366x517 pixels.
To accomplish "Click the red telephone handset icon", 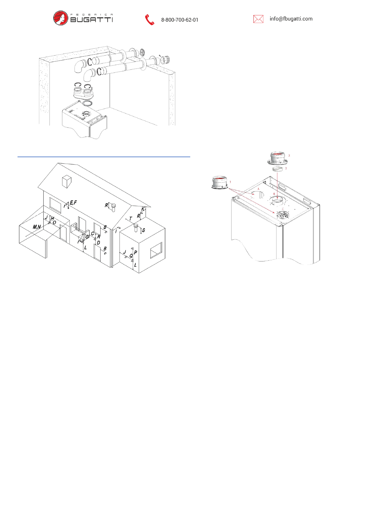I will click(x=149, y=20).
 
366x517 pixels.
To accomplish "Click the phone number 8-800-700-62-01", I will click(x=179, y=20).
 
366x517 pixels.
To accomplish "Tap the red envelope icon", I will click(x=258, y=19).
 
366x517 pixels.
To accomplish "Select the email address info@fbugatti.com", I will click(x=291, y=19).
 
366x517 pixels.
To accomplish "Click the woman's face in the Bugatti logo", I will click(x=61, y=18).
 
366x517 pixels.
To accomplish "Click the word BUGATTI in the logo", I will click(x=92, y=20).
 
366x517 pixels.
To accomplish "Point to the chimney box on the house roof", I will click(x=66, y=181).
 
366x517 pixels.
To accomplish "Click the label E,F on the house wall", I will click(x=73, y=203).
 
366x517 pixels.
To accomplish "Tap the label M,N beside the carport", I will click(x=37, y=227).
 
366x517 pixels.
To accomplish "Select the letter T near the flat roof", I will click(x=131, y=219).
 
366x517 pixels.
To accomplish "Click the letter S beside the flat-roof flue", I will click(x=144, y=230).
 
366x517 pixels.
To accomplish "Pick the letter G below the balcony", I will click(x=87, y=237).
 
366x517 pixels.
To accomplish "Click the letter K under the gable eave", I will click(x=143, y=209).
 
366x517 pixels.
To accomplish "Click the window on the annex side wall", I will click(x=156, y=251).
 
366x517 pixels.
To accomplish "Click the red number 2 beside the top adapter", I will click(x=289, y=156).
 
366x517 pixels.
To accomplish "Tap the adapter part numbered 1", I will click(x=220, y=183).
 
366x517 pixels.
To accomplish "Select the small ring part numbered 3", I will click(x=277, y=169).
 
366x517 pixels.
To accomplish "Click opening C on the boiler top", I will click(x=282, y=215).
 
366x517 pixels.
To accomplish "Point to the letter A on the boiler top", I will click(x=258, y=189).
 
